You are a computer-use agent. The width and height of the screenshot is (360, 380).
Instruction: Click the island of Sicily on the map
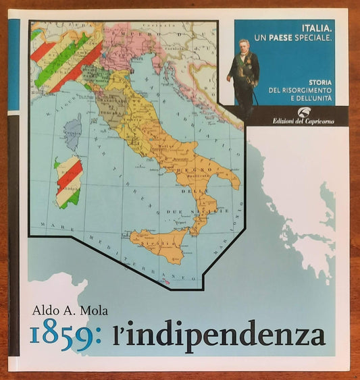click(x=161, y=243)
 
